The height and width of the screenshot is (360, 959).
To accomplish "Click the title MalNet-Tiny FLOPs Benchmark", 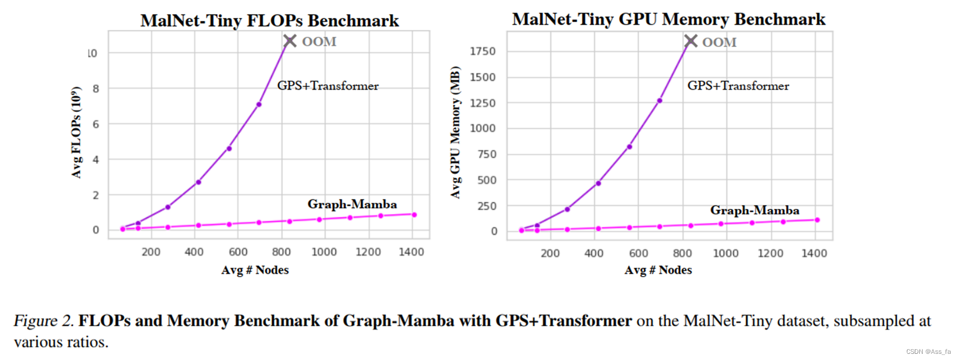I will tap(269, 21).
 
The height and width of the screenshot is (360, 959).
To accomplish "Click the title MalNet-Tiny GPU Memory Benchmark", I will tap(668, 20).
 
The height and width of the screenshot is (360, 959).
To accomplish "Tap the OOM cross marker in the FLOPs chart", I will tap(289, 41).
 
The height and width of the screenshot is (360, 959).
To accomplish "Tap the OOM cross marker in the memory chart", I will tap(691, 41).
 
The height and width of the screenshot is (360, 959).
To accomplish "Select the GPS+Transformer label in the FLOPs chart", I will tap(328, 86).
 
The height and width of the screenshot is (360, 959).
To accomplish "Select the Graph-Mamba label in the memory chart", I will tap(754, 211).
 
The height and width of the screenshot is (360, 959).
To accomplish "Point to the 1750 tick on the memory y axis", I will tap(482, 52).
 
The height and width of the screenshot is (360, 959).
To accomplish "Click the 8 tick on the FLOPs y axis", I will tap(96, 88).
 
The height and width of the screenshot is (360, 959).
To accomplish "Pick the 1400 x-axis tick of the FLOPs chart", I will tap(411, 252).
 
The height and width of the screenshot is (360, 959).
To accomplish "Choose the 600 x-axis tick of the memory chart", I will tap(638, 253).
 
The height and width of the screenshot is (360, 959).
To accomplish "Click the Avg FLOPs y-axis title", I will tap(77, 132).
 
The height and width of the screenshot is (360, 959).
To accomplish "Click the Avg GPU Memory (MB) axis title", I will tap(456, 132).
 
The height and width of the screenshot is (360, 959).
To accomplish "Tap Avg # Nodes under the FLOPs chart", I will tap(255, 270).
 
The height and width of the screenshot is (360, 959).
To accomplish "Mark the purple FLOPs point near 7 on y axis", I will tap(259, 104).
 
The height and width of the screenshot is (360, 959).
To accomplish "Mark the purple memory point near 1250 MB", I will tap(659, 101).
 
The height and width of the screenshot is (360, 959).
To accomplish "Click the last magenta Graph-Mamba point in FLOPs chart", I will tap(414, 214).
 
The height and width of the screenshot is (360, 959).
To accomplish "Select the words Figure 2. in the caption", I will tap(43, 321).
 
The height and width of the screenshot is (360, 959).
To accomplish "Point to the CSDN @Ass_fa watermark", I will tap(928, 352).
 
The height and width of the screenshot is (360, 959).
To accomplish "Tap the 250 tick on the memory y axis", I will tap(486, 206).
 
